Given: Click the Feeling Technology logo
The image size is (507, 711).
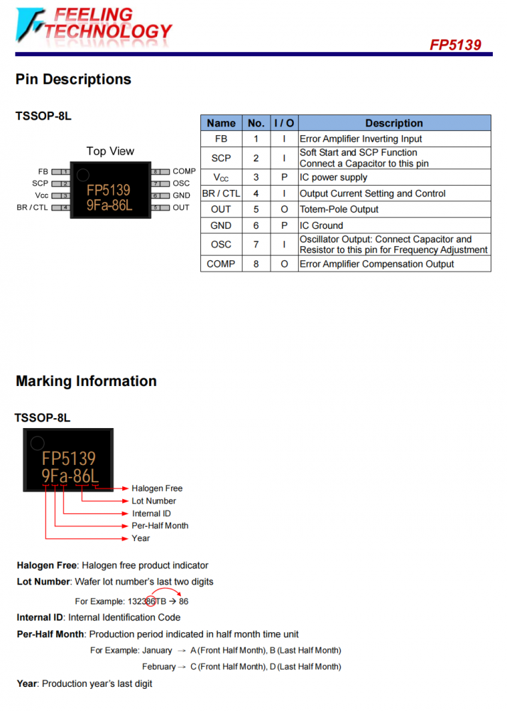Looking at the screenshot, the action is (x=94, y=26).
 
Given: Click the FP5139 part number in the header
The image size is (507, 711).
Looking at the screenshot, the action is (x=455, y=45).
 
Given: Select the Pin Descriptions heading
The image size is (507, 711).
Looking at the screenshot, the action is (x=73, y=80).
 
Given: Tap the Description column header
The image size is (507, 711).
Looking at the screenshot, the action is (x=394, y=123).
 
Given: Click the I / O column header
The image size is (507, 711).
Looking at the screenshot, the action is (x=284, y=123).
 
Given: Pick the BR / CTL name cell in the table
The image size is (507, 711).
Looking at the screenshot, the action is (x=222, y=193).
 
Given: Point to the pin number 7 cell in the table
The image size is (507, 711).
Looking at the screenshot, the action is (x=256, y=245).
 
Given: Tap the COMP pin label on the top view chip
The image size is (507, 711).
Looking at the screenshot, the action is (x=184, y=171).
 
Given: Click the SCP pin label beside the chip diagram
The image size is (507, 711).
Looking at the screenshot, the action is (x=40, y=183).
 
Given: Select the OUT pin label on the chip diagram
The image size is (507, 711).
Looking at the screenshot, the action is (x=180, y=208).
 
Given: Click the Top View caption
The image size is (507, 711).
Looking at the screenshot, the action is (x=111, y=151).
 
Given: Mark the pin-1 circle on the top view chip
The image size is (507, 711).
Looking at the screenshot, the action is (x=83, y=175).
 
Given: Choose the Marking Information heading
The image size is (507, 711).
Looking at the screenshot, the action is (x=87, y=381).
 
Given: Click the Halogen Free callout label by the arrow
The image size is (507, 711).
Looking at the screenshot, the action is (x=157, y=488).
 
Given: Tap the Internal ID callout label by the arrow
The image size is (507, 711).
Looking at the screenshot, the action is (x=151, y=513).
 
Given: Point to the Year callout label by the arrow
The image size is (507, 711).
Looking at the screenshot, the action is (x=141, y=538).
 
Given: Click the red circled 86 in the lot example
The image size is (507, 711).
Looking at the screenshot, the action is (x=151, y=602).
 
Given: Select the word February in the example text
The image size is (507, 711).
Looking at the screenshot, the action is (x=159, y=667).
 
